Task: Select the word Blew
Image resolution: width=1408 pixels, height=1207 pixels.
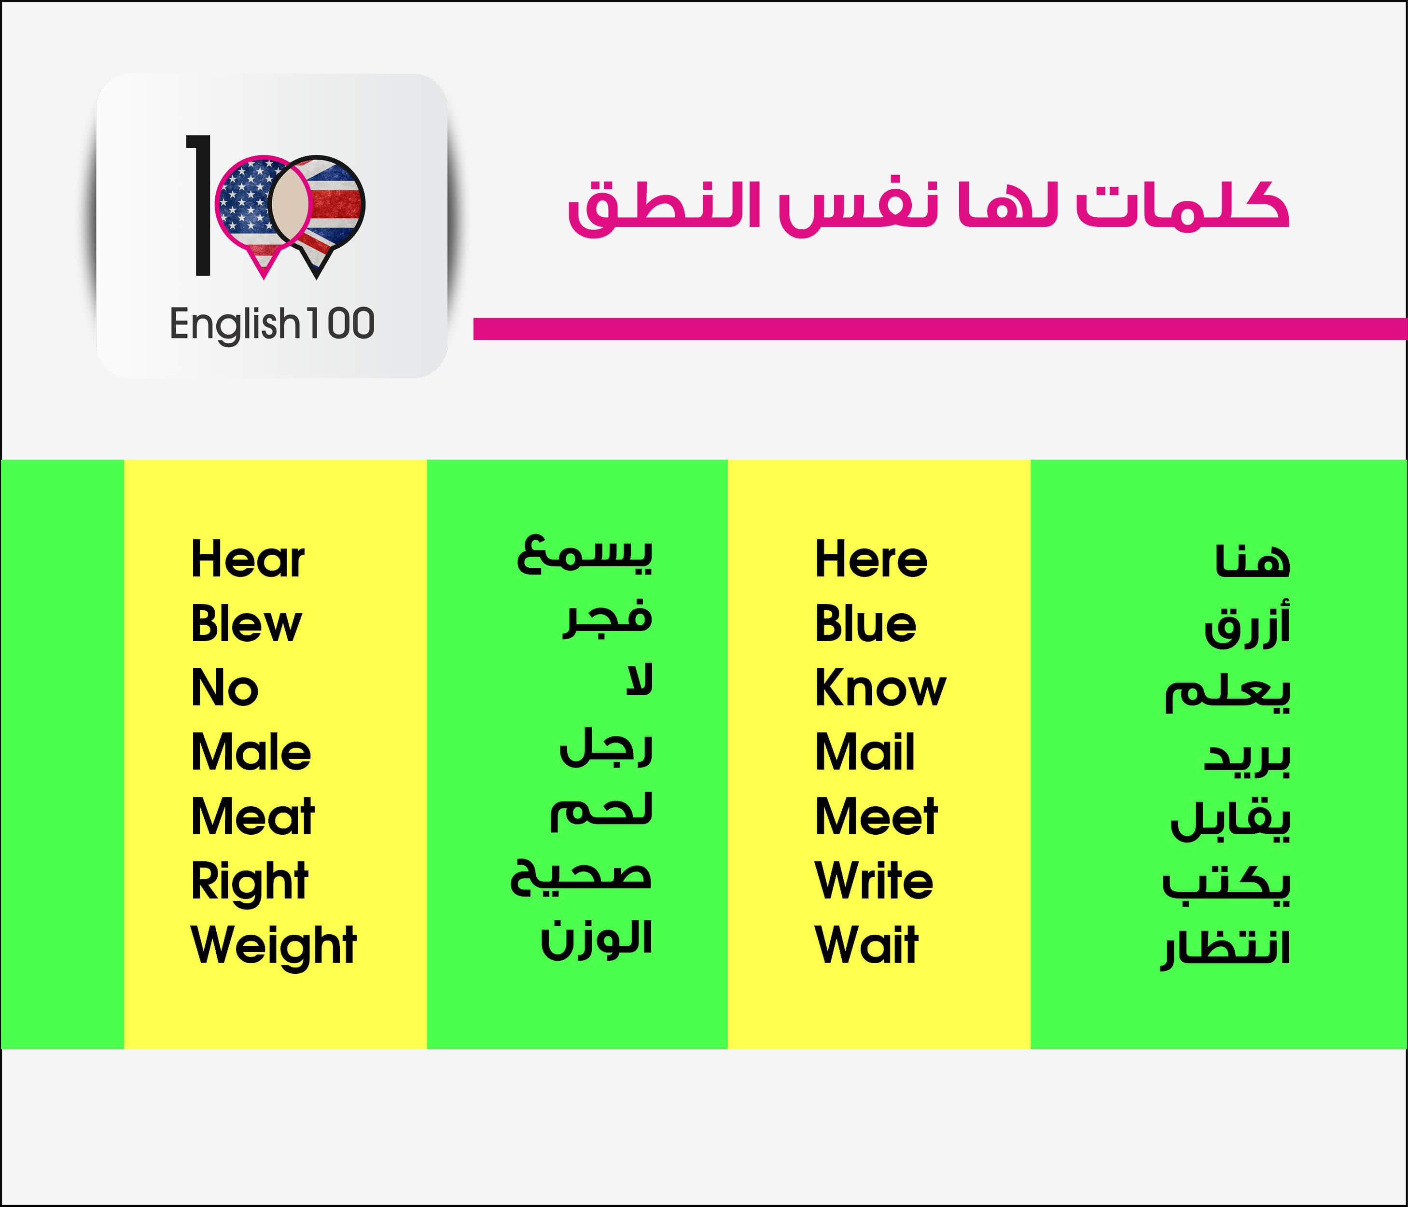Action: pos(246,623)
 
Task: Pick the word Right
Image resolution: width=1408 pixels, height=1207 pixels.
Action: pos(250,882)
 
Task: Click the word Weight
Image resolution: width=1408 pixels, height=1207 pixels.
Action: pos(274,945)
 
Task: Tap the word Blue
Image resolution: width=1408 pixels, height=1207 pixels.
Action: pos(866,623)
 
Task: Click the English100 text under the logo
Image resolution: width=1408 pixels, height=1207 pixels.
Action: pos(272,324)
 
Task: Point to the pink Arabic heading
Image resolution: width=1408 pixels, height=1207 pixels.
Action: pos(929,207)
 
